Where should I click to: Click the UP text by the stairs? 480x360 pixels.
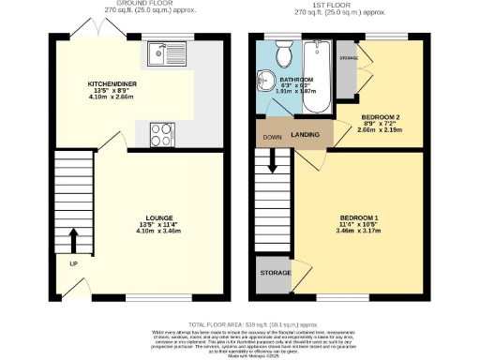point(72,263)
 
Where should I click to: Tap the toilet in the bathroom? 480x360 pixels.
point(283,51)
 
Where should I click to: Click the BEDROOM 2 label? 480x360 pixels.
point(380,117)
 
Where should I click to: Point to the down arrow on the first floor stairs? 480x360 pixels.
point(274,161)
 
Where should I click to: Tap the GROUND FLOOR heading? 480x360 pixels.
point(137,4)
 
